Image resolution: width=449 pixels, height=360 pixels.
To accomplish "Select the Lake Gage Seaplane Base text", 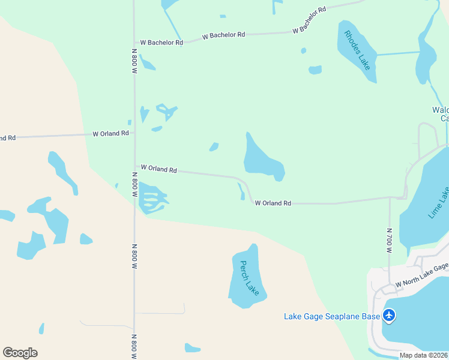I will click(x=332, y=316).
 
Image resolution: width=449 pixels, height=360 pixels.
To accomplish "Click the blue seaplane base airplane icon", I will click(x=390, y=314).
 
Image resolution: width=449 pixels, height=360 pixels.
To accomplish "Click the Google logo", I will click(x=20, y=352).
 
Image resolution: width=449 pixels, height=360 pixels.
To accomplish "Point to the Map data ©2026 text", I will click(x=424, y=355).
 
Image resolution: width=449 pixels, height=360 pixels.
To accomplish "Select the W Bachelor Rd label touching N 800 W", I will click(x=161, y=43).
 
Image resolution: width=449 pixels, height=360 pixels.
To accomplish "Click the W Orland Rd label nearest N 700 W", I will click(x=273, y=203).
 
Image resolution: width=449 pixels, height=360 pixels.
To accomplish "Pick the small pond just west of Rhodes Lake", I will click(x=315, y=70).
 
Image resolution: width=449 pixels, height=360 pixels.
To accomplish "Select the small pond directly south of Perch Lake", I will click(x=192, y=348).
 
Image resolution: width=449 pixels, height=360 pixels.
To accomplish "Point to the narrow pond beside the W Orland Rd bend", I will click(x=241, y=191).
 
